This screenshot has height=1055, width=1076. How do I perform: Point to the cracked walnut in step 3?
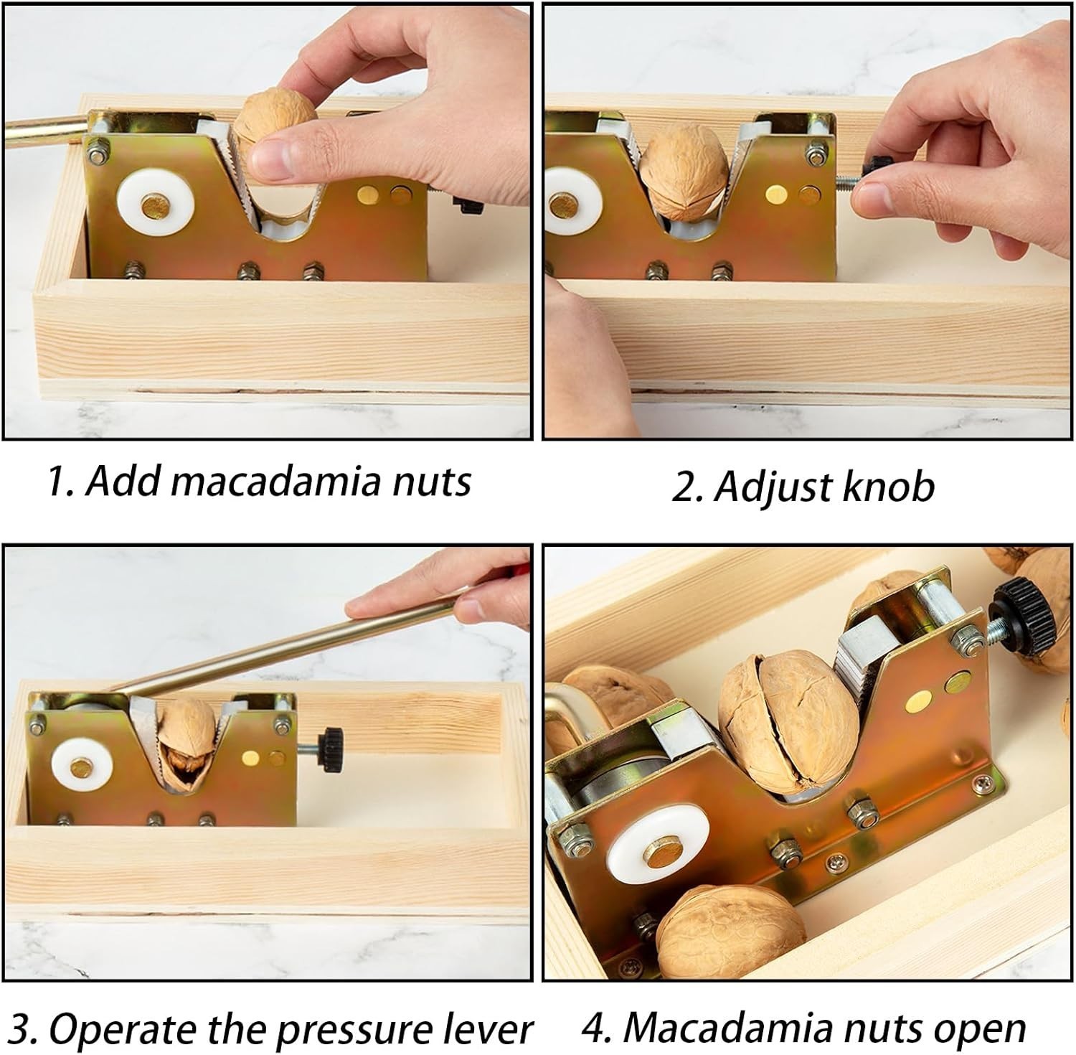(x=184, y=746)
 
